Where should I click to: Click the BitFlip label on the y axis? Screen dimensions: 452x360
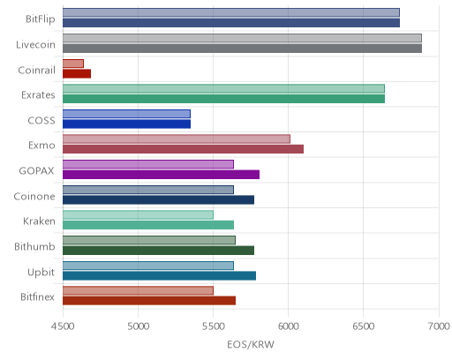(41, 19)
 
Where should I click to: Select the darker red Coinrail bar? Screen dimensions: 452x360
(77, 73)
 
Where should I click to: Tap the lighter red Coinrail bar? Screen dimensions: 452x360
(73, 64)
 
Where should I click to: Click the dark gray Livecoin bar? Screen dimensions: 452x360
(242, 49)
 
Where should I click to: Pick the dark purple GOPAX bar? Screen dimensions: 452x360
(161, 175)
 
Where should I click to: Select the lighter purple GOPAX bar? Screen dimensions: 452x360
(148, 164)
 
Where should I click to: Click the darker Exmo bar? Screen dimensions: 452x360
(183, 149)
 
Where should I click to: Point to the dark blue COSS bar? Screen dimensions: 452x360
(126, 124)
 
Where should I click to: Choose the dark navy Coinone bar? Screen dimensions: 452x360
(158, 199)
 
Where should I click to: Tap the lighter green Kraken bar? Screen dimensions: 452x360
(138, 215)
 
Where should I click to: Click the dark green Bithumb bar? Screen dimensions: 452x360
(158, 251)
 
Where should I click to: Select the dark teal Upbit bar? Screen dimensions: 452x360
(159, 275)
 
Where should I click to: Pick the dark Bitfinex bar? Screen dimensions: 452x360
(149, 301)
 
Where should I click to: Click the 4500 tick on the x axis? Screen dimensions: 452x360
(63, 326)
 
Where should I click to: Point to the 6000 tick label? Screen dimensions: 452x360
(289, 326)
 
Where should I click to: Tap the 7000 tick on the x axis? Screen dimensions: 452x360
(439, 326)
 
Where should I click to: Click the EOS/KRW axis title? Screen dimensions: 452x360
(251, 344)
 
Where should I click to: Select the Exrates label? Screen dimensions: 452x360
(38, 95)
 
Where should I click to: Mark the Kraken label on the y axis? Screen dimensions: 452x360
(39, 221)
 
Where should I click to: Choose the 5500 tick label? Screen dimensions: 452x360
(214, 326)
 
